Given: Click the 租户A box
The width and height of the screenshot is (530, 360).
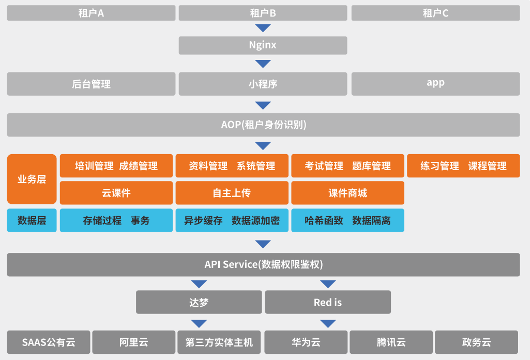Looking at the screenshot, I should click(x=91, y=13).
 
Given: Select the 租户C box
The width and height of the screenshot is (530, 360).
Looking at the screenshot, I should click(x=435, y=13).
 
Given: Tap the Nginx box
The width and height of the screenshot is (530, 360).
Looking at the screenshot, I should click(x=263, y=45).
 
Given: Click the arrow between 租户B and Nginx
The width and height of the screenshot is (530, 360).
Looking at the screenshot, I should click(x=263, y=28).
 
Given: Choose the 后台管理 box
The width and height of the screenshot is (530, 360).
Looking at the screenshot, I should click(x=91, y=84).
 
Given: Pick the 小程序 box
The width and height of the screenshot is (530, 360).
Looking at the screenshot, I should click(x=263, y=84).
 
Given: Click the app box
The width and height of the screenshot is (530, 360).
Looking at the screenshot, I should click(x=435, y=84).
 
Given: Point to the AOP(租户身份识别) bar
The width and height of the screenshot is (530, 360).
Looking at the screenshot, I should click(x=263, y=125).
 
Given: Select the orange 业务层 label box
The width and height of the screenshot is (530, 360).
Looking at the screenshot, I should click(x=32, y=179).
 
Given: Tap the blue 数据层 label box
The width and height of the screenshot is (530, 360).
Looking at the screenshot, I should click(x=32, y=220).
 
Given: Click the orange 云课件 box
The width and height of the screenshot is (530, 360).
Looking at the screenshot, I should click(x=116, y=193).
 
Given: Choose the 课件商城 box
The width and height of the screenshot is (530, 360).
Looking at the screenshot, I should click(x=347, y=193).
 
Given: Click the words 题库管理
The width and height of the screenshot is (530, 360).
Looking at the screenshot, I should click(x=371, y=166).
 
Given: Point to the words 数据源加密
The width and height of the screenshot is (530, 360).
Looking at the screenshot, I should click(x=255, y=220).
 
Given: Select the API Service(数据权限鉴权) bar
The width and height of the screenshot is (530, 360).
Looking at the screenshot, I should click(x=263, y=264).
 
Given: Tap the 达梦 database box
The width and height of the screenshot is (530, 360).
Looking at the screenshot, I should click(x=199, y=302).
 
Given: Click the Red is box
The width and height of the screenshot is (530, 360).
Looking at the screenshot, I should click(x=328, y=302).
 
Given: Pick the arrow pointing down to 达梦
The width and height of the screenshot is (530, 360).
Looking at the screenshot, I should click(x=199, y=284).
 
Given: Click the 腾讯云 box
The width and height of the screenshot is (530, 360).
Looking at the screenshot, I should click(x=391, y=342).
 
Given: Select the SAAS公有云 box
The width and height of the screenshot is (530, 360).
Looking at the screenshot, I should click(x=49, y=342).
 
